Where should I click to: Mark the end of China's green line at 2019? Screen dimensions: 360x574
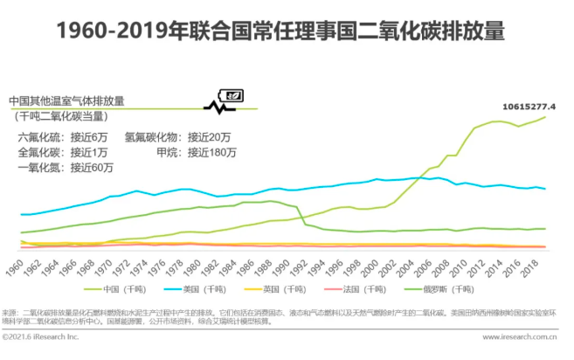pyautogui.click(x=545, y=117)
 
